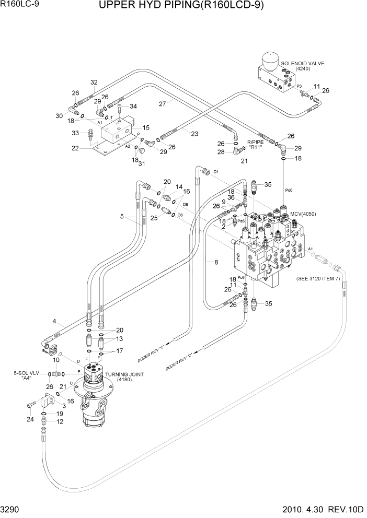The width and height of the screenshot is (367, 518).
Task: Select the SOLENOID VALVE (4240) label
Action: coord(303,66)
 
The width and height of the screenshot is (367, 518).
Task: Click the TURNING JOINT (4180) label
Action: coord(124,377)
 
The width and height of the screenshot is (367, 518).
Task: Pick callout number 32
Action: coord(94,82)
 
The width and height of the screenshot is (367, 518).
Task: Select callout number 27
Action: coord(163,103)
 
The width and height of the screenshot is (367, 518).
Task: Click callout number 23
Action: coord(194,134)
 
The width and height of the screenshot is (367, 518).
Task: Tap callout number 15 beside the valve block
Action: coord(146,127)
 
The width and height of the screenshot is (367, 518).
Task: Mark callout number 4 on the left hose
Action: coord(54,321)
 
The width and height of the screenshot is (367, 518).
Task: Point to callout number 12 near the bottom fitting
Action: coord(60,421)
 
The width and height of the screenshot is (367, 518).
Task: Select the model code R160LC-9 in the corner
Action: coord(19,5)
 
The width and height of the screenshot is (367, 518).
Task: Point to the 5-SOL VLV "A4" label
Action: coord(25,376)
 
